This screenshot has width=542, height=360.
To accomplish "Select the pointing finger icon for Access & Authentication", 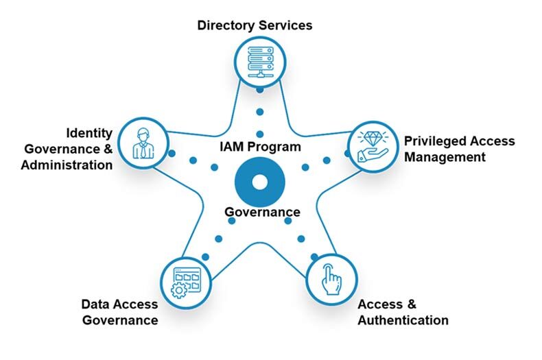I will [332, 279].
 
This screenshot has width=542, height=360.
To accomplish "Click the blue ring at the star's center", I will [259, 182].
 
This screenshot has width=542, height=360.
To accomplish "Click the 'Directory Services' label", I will [255, 25].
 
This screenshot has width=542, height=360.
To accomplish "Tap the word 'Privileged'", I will [435, 141].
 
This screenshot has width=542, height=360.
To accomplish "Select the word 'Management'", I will [445, 156].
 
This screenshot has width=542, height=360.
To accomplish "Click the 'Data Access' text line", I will [119, 304].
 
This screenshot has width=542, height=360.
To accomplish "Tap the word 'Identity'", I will [89, 132].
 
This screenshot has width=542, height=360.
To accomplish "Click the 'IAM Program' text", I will [260, 147].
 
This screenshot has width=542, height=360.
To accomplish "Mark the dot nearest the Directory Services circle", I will [259, 91].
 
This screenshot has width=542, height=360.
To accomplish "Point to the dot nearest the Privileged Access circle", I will [347, 153].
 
